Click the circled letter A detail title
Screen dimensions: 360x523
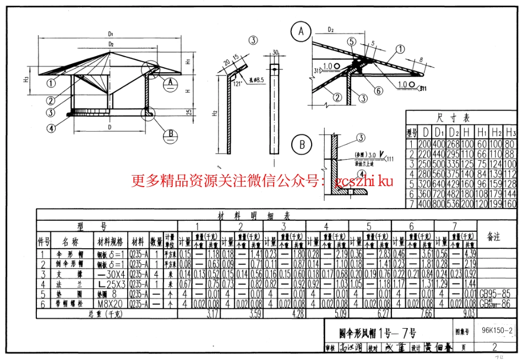point(301,32)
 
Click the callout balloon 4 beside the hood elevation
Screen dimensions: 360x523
point(51,128)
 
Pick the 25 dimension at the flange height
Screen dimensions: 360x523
point(188,113)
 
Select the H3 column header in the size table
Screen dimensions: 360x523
point(510,132)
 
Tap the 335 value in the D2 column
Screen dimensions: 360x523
point(453,163)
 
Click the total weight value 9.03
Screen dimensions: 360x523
point(468,314)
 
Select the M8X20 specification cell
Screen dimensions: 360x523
point(111,303)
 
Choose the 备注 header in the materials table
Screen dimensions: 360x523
point(494,236)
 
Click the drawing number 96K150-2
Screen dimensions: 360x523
point(497,331)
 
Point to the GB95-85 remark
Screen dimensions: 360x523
point(494,294)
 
